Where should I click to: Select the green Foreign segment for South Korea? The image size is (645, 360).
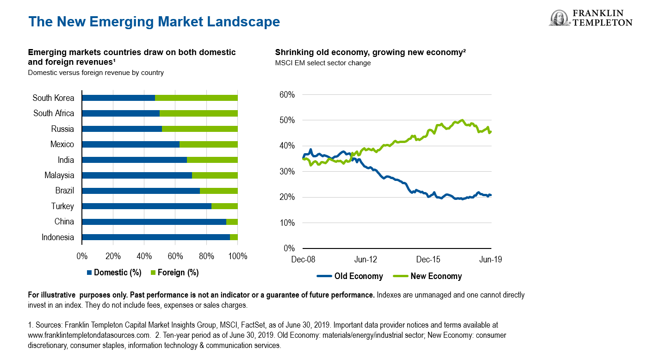196,98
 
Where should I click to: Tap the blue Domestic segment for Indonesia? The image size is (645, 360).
155,237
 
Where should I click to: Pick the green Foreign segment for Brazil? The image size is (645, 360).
218,191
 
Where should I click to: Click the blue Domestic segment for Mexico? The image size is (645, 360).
130,144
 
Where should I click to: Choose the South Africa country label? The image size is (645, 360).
54,113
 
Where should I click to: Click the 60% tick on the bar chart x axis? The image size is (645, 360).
175,256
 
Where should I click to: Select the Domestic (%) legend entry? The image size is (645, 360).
114,273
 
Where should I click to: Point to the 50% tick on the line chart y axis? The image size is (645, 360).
287,120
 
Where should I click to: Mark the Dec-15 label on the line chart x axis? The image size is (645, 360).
428,260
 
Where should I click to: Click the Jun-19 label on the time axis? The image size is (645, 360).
490,260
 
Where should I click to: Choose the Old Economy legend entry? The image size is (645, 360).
350,276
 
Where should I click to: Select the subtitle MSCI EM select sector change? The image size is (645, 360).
323,63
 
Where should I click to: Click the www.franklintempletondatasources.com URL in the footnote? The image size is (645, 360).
89,335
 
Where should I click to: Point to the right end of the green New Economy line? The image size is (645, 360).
490,131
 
